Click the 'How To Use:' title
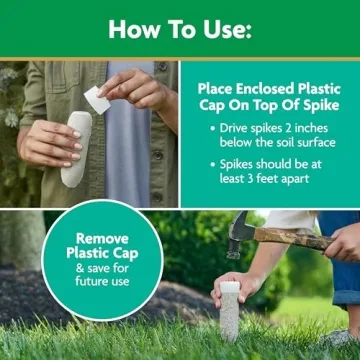click(x=180, y=28)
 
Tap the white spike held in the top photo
click(x=76, y=148)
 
